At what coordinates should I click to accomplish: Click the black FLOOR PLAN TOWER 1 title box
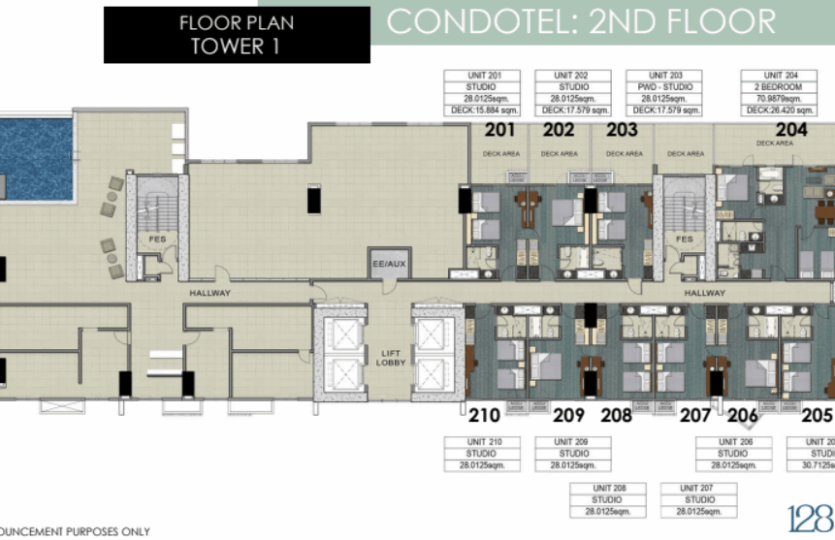pyautogui.click(x=236, y=34)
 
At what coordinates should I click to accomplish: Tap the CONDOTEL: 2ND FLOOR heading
pyautogui.click(x=581, y=22)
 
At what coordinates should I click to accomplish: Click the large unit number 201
pyautogui.click(x=500, y=130)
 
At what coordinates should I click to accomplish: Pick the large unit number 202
pyautogui.click(x=559, y=130)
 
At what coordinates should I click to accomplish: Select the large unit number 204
pyautogui.click(x=791, y=130)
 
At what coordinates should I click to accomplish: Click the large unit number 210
pyautogui.click(x=484, y=415)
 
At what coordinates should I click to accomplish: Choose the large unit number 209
pyautogui.click(x=569, y=415)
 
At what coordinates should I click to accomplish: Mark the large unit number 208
pyautogui.click(x=617, y=415)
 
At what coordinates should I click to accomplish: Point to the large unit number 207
pyautogui.click(x=696, y=415)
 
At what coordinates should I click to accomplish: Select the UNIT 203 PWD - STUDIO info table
pyautogui.click(x=664, y=93)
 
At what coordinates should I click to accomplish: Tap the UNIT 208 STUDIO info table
pyautogui.click(x=607, y=500)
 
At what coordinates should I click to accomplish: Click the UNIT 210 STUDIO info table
pyautogui.click(x=481, y=454)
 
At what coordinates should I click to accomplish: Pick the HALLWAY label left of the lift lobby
pyautogui.click(x=210, y=293)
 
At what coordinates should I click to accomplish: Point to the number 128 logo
pyautogui.click(x=810, y=518)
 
